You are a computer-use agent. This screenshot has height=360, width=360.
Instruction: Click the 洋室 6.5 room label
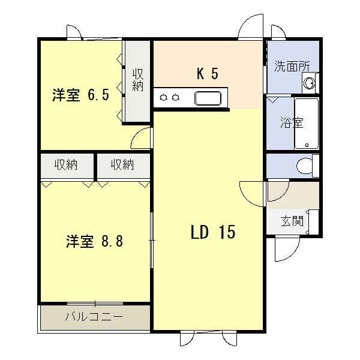tap(80, 95)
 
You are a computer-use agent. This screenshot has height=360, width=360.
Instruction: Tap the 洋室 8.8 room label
tap(94, 241)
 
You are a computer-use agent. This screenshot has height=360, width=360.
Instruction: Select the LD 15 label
tap(213, 232)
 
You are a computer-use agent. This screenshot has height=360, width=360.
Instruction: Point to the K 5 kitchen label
tap(208, 74)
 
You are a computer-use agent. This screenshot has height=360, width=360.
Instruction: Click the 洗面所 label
tap(292, 67)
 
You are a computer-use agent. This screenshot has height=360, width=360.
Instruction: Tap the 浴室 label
tap(292, 123)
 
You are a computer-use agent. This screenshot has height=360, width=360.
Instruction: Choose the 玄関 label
tap(292, 221)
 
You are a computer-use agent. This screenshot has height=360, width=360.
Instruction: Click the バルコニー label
tap(94, 317)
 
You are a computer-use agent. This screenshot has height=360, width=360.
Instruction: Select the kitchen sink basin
tap(208, 98)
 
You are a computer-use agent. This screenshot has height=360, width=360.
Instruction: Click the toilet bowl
tap(304, 166)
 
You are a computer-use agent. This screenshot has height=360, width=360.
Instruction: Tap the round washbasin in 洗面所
tap(309, 83)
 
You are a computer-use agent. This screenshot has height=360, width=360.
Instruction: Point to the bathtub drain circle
tap(307, 145)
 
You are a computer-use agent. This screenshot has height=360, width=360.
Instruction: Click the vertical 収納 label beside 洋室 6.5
tap(138, 80)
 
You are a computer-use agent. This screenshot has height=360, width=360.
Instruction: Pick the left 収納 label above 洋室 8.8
tap(66, 164)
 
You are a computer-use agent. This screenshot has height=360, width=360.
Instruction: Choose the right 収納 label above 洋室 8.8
tap(122, 164)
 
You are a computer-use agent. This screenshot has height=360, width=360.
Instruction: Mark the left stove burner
tap(163, 98)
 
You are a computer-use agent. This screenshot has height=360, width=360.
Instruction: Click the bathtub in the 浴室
tap(307, 124)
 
